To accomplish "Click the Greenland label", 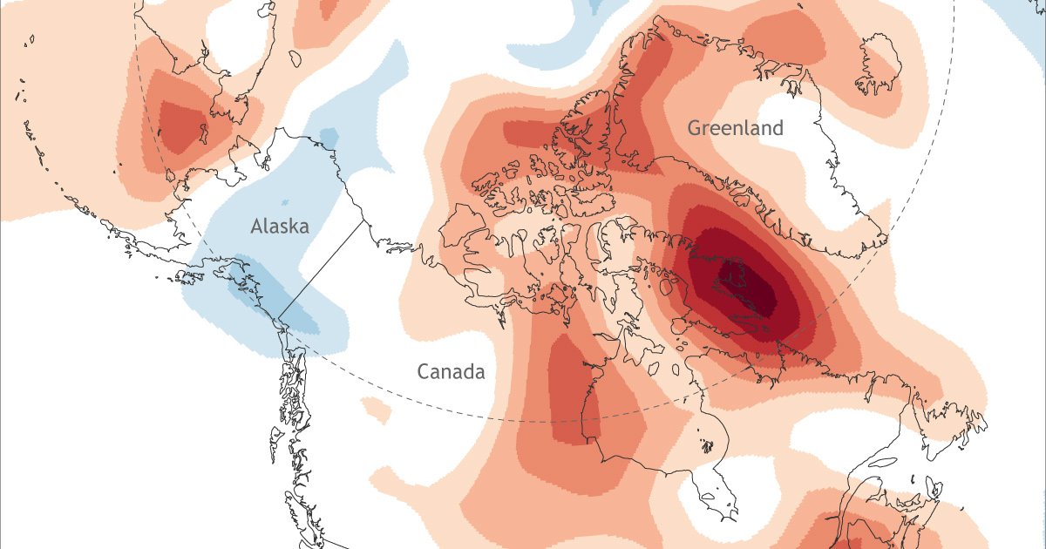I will point(735,128).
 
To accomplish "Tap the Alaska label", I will point(280,227).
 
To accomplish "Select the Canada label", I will point(450,372).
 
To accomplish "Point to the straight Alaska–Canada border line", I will point(322,269).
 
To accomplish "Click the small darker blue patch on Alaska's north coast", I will point(329,137).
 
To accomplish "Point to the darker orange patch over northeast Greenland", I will point(789,35).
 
